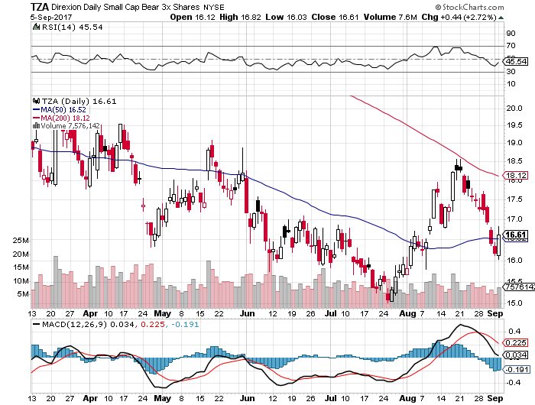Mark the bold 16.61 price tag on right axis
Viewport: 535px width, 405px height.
point(514,235)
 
